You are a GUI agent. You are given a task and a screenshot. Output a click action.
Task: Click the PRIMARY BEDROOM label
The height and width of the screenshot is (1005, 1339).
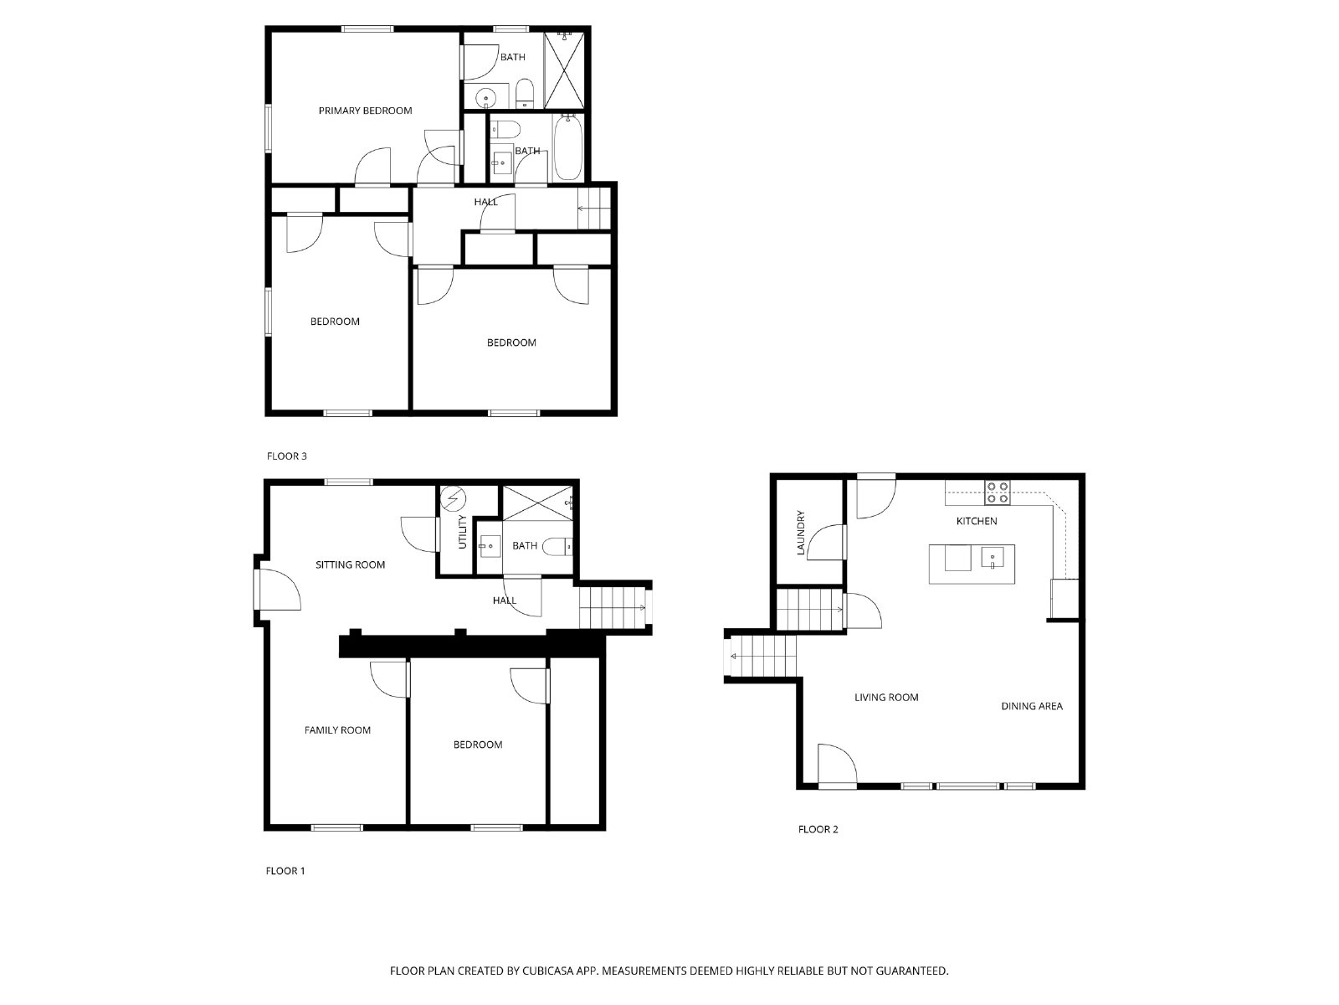pos(365,111)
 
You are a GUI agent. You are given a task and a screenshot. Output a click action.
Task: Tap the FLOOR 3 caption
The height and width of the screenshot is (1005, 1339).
pos(287,456)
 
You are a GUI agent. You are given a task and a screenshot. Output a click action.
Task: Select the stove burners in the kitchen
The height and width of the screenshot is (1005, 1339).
pos(997,492)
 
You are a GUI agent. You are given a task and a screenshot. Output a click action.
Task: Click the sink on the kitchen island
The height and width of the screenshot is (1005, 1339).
pos(993,558)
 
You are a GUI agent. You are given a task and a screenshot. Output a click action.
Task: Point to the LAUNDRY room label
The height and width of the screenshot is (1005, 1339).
pos(801,533)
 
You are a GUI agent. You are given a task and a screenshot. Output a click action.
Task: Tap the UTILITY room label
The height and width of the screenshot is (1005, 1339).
pos(462,533)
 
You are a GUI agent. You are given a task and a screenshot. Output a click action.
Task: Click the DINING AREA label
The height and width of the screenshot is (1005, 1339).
pos(1032,706)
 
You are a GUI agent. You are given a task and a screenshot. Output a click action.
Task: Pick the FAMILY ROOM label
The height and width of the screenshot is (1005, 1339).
pos(337,730)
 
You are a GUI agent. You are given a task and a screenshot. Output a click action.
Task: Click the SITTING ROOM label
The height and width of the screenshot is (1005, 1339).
pos(350,564)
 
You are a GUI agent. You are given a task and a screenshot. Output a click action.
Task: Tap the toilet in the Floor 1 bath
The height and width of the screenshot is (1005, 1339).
pos(557,547)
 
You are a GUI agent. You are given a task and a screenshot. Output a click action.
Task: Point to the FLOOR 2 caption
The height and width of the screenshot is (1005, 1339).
pos(818,829)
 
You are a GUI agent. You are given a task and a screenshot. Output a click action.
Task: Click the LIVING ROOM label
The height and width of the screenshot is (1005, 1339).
pos(886,697)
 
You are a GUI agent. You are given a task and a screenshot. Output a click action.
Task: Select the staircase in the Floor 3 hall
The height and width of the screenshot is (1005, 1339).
pos(595,207)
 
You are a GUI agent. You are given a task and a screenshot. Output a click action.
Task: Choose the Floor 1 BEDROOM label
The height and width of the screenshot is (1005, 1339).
pos(478,745)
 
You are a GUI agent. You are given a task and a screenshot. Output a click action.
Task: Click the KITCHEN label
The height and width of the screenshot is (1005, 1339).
pos(977,521)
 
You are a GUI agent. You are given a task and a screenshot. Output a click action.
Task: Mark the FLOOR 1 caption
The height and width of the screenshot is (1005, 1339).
pos(285,871)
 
